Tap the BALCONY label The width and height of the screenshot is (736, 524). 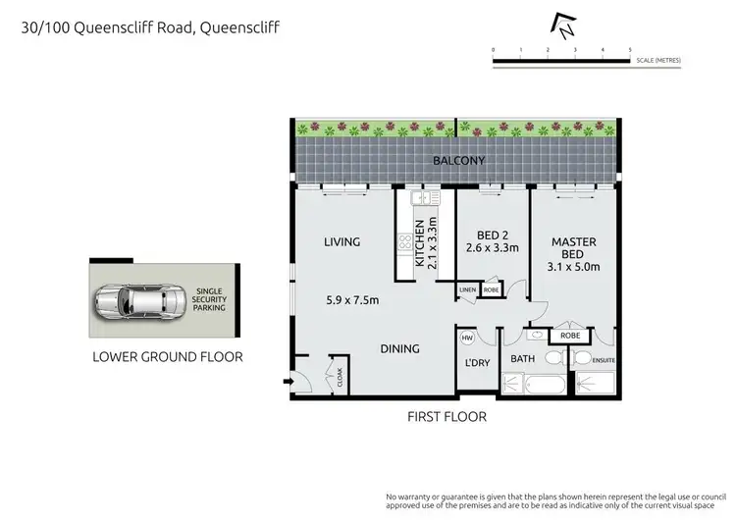click(461, 161)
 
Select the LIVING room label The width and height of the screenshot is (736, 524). click(342, 241)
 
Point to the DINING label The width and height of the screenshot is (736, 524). click(399, 348)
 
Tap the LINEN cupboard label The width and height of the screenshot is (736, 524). click(467, 290)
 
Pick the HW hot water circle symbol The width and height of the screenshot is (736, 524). click(467, 339)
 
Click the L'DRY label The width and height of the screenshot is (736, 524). click(478, 364)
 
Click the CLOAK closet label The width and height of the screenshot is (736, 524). click(340, 376)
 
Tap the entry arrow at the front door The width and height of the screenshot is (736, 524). click(286, 381)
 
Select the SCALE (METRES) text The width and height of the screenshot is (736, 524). click(657, 61)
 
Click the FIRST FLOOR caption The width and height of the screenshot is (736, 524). click(447, 416)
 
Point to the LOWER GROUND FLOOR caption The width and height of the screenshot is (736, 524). click(167, 357)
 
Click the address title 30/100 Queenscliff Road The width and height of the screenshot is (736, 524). click(150, 27)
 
